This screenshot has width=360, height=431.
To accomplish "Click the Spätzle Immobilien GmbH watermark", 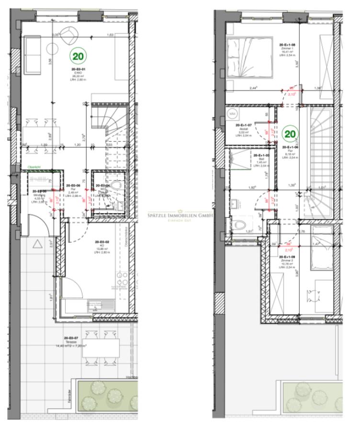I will [x=181, y=215].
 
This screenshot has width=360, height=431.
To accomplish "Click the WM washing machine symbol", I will [x=233, y=114].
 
